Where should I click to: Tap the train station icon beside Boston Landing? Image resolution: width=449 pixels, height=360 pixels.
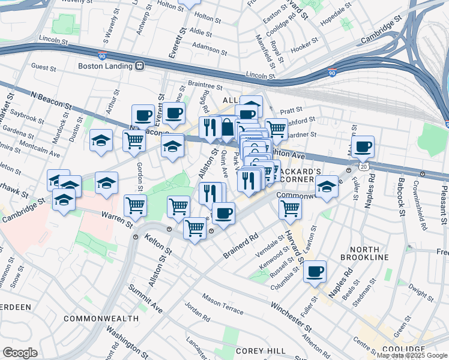click(139, 65)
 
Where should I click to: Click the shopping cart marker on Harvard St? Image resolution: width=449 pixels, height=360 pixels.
click(290, 208)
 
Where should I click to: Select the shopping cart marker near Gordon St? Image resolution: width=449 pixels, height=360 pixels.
click(134, 140)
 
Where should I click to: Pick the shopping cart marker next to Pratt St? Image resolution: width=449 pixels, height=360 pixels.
click(276, 128)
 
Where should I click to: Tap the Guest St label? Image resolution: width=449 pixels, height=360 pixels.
click(43, 67)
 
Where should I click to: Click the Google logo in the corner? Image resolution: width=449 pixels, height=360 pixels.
click(20, 352)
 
